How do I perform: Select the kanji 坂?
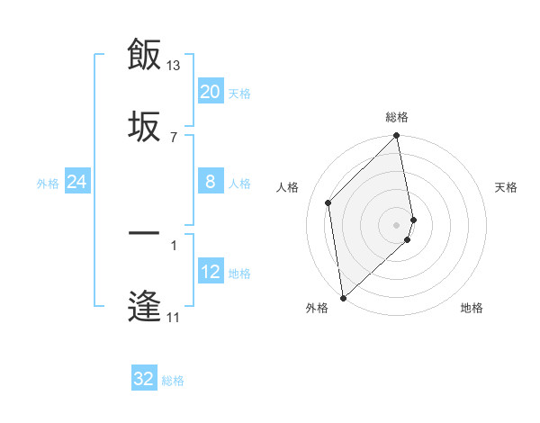(x=144, y=126)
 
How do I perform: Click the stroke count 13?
(x=174, y=66)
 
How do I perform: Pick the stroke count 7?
(x=174, y=137)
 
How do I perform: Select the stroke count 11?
(x=174, y=317)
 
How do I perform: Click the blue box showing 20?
(x=211, y=92)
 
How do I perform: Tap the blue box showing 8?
(x=211, y=182)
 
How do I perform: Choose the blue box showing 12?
(x=211, y=272)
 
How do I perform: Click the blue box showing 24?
(x=77, y=182)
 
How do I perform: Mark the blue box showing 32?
(x=144, y=379)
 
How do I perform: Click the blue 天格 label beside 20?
(x=239, y=94)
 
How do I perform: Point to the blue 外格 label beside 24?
(x=48, y=184)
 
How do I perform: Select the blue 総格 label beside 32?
(x=173, y=381)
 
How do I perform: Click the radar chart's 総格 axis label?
(x=397, y=117)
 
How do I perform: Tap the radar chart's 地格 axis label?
(x=472, y=308)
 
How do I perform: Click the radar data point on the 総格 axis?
(x=397, y=137)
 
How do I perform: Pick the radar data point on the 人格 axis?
(x=328, y=202)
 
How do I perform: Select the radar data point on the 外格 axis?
(x=343, y=297)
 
